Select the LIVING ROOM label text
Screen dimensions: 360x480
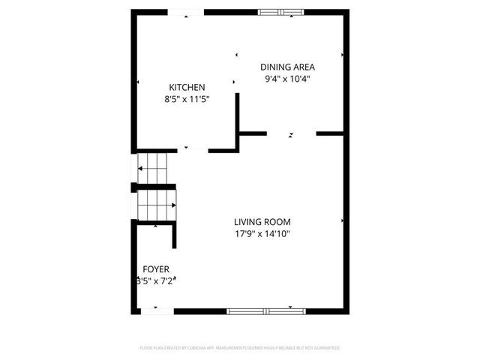click(262, 222)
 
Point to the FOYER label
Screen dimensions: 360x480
click(156, 268)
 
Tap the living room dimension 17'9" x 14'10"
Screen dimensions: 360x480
click(262, 234)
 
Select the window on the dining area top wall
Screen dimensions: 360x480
click(282, 12)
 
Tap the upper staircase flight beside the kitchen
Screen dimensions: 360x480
click(154, 169)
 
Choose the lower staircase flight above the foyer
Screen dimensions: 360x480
click(154, 205)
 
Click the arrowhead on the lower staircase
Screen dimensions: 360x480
click(175, 204)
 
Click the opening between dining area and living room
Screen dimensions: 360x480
click(291, 133)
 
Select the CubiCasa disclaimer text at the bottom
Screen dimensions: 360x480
click(240, 348)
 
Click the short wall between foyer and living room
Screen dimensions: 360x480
click(175, 234)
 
